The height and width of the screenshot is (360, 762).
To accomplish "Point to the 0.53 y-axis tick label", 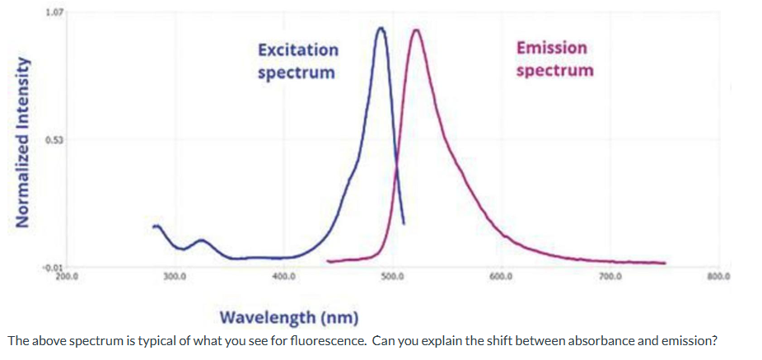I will point(54,140).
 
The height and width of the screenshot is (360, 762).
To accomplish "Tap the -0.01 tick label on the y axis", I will point(52,268).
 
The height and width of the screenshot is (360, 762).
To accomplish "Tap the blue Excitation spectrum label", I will point(297,61).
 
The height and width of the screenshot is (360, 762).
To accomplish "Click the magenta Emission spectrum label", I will point(554,58).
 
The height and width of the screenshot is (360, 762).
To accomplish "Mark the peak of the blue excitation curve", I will point(381,28).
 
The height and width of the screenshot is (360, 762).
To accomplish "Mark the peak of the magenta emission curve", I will point(417,30).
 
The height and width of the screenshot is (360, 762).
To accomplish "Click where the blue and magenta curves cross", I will point(397,167).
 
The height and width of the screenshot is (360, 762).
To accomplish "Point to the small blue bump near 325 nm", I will point(201,240).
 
